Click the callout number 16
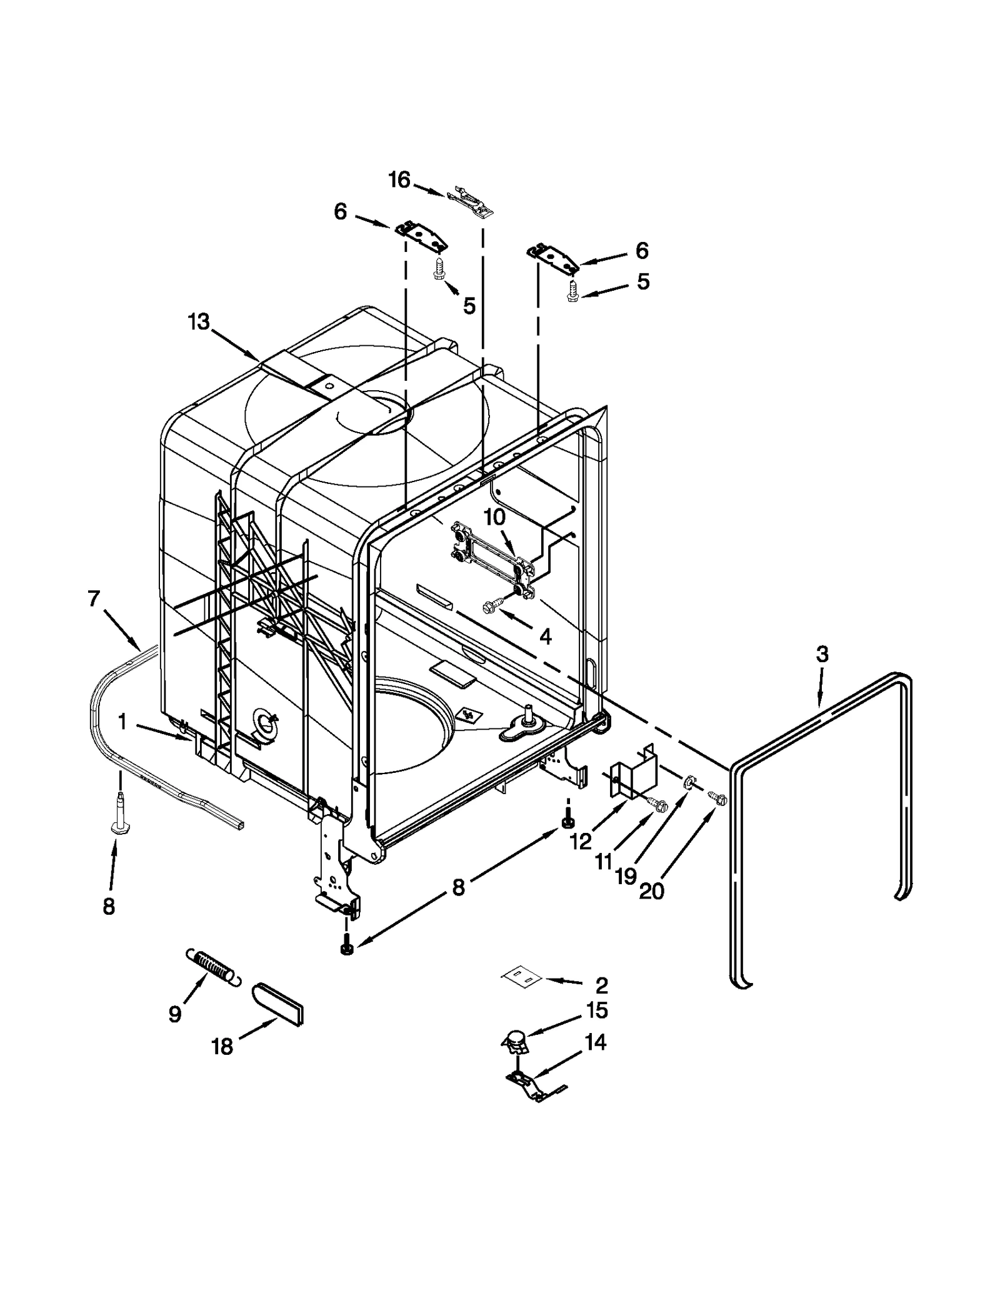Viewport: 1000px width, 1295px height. tap(399, 180)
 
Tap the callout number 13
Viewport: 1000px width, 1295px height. tap(199, 323)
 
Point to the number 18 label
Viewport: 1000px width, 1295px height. tap(222, 1047)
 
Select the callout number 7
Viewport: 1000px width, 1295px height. tap(94, 598)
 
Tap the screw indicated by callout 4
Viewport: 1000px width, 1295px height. tap(492, 605)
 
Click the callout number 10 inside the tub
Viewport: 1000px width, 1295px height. tap(494, 518)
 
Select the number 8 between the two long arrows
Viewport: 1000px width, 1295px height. tap(458, 888)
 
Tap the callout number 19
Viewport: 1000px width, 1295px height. tap(625, 876)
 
